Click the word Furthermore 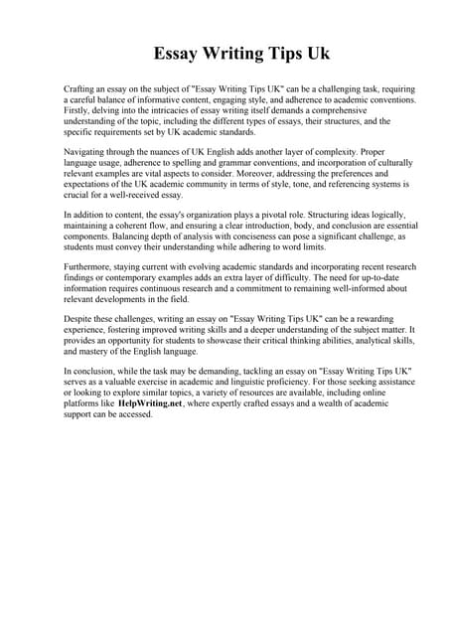click(90, 267)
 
